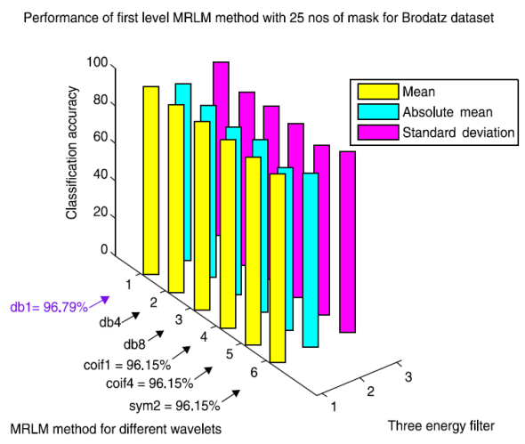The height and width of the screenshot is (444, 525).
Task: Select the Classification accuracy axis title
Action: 72,153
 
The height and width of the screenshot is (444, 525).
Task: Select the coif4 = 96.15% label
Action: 149,383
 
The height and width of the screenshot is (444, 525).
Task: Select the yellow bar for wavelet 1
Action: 151,178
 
